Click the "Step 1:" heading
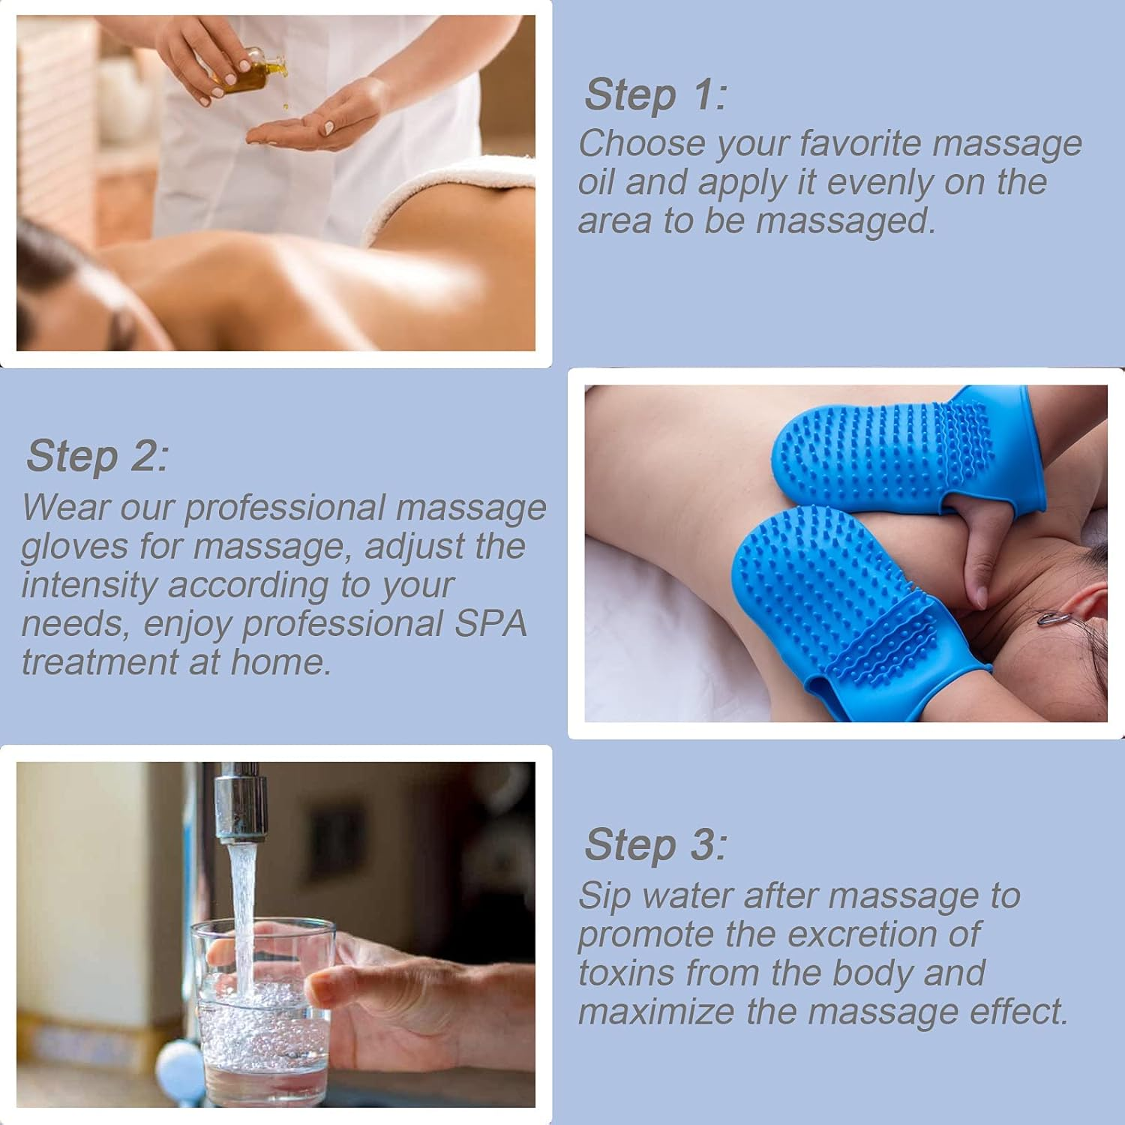[655, 95]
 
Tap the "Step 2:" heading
[97, 456]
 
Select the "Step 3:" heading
[655, 845]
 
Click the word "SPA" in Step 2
[490, 624]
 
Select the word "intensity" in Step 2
[89, 586]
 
